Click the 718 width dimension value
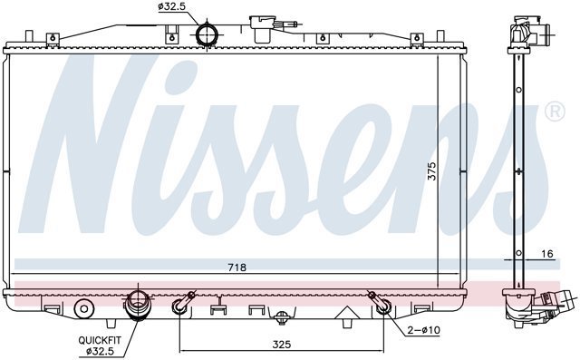coord(237,268)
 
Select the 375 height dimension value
coord(431,171)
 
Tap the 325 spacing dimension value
coord(282,345)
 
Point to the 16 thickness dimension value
coord(546,254)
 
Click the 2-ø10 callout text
coord(423,330)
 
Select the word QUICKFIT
coord(100,340)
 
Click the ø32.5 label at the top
coord(171,6)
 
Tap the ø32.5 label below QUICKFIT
coord(100,351)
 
